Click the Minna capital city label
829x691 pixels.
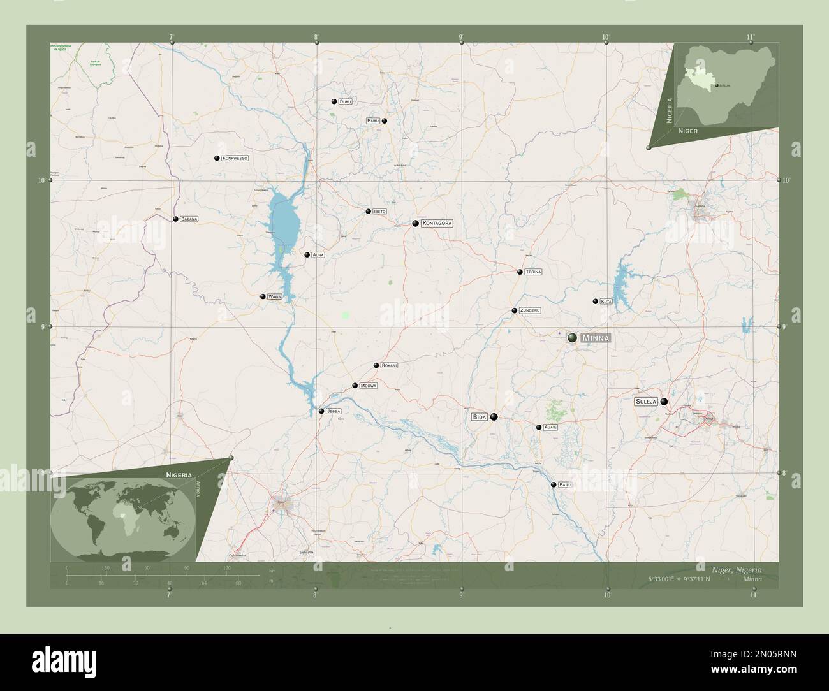point(595,338)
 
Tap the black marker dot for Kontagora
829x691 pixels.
point(416,224)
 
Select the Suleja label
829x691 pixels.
point(646,402)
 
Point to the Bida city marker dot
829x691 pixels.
point(494,417)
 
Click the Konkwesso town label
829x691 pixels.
point(235,158)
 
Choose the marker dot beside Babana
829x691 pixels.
point(175,219)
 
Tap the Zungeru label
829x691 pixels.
point(530,310)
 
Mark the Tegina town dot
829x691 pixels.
point(520,272)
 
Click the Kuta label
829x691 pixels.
point(606,301)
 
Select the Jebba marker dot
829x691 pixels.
point(321,411)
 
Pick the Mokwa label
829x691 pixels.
point(369,386)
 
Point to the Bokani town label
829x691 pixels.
point(389,365)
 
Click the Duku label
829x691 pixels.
point(345,101)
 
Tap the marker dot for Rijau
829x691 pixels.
point(385,120)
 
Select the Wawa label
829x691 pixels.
point(275,296)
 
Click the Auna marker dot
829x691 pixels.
point(307,255)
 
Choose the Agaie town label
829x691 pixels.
point(550,427)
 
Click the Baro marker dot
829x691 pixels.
point(554,485)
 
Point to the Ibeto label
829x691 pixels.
point(380,212)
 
